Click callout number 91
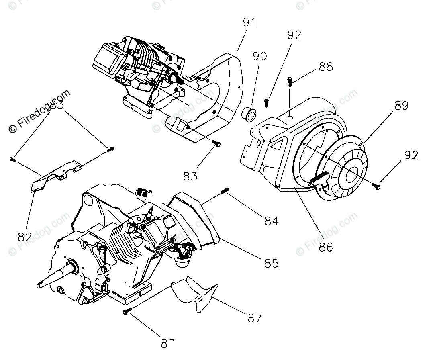[249, 22]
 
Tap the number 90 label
[259, 56]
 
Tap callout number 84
[272, 220]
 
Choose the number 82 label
[25, 235]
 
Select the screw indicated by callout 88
[290, 82]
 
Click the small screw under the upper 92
[266, 102]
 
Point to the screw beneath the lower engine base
[126, 311]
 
